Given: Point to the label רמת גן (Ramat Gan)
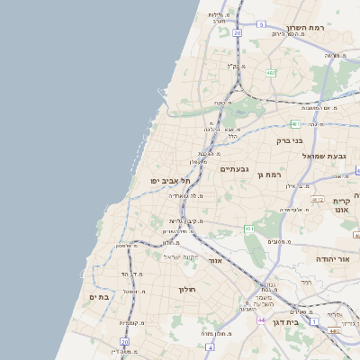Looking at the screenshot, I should pos(269,175).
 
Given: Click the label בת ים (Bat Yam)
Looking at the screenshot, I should pos(99,297).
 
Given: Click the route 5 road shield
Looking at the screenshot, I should pos(261,25).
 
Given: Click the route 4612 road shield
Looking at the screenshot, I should pos(318,199).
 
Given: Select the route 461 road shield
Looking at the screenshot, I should pos(248,229).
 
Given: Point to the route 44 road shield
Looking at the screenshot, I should pos(261,320).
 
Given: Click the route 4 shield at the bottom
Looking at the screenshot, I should pos(209,346).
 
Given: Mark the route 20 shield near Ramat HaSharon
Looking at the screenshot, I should pos(238,32).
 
